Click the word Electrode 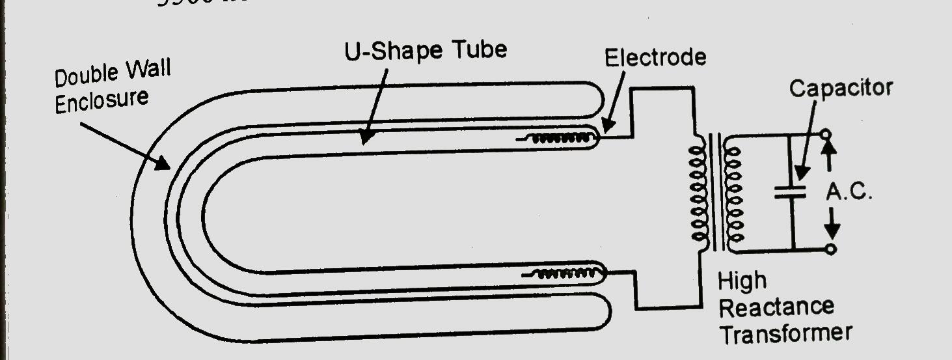(x=655, y=57)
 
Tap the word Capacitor (x=840, y=88)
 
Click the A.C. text (x=849, y=193)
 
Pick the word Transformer (x=785, y=333)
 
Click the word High (x=742, y=282)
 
